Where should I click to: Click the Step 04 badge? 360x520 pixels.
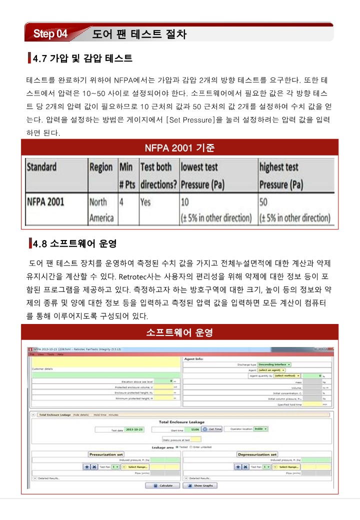(50, 34)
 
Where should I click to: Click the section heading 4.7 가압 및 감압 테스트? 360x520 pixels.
(82, 59)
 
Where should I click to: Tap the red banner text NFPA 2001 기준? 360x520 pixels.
(179, 148)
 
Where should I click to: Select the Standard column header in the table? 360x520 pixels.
(41, 166)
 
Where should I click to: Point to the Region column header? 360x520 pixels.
(100, 166)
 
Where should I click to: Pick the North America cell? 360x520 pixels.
(100, 210)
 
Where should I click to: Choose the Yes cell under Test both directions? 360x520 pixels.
(145, 202)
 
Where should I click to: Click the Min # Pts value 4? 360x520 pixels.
(121, 202)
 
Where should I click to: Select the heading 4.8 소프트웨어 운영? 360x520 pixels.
(74, 244)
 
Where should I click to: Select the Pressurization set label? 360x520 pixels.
(106, 454)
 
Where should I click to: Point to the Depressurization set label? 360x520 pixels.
(257, 454)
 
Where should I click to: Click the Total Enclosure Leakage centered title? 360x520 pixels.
(181, 422)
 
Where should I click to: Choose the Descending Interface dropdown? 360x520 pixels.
(274, 364)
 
